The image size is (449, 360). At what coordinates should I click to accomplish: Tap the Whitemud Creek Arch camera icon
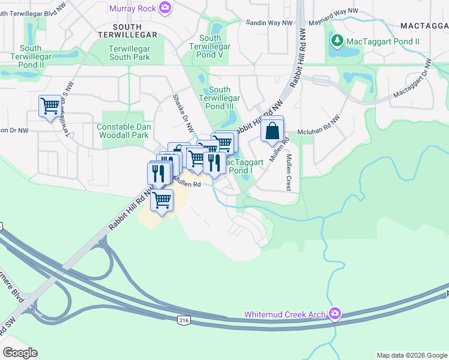pyautogui.click(x=335, y=314)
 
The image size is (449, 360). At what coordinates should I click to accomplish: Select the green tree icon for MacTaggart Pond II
pyautogui.click(x=337, y=41)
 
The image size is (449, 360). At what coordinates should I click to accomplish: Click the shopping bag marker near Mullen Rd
pyautogui.click(x=273, y=130)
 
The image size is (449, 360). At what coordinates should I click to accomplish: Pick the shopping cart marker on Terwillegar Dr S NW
pyautogui.click(x=50, y=107)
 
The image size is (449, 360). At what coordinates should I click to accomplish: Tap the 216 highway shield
pyautogui.click(x=182, y=322)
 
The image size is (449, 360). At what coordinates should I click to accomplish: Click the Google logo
pyautogui.click(x=20, y=353)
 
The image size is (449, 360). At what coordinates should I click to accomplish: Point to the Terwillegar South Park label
pyautogui.click(x=129, y=53)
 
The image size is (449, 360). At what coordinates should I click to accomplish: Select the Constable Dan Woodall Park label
pyautogui.click(x=122, y=131)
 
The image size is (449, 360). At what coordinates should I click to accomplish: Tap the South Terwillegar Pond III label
pyautogui.click(x=220, y=98)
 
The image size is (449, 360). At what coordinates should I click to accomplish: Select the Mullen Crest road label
pyautogui.click(x=289, y=173)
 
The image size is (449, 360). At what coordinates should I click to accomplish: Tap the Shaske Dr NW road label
pyautogui.click(x=184, y=113)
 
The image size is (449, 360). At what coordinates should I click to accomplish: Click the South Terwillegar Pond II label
pyautogui.click(x=31, y=56)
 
